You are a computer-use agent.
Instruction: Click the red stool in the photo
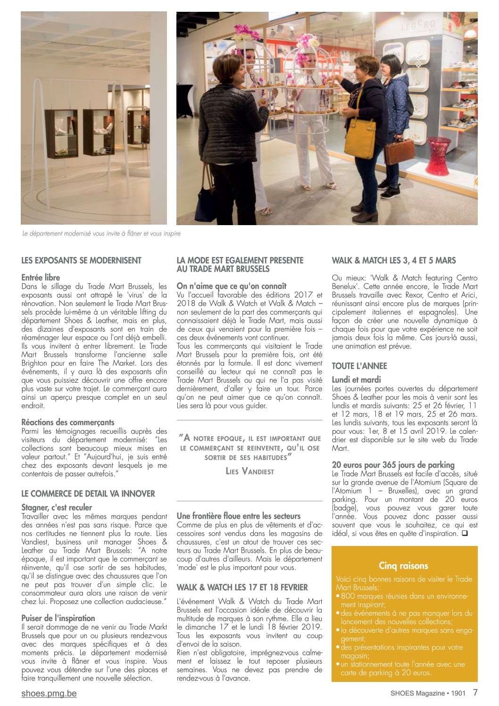coord(438,156)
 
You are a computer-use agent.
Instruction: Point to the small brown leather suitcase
coord(399,151)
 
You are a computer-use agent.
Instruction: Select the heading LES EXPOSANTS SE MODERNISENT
coord(81,261)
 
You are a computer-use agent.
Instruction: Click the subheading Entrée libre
coord(41,277)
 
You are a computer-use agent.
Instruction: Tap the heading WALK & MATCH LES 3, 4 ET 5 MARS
coord(394,261)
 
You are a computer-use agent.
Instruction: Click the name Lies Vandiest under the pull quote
coord(249,471)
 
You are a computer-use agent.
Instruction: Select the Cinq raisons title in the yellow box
coord(404,565)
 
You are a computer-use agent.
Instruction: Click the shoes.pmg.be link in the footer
coord(49,693)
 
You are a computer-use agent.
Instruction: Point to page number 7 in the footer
coord(475,693)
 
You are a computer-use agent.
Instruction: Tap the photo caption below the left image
coord(101,234)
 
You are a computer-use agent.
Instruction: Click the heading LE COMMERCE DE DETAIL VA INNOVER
coord(88,494)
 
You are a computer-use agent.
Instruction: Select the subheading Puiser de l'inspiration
coord(58,618)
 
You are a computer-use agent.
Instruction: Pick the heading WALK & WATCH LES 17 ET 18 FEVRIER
coord(242,588)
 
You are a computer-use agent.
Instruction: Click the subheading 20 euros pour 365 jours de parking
coord(393,465)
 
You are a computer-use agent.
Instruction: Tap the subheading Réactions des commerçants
coord(68,422)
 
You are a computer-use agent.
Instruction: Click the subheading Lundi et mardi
coord(356,380)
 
